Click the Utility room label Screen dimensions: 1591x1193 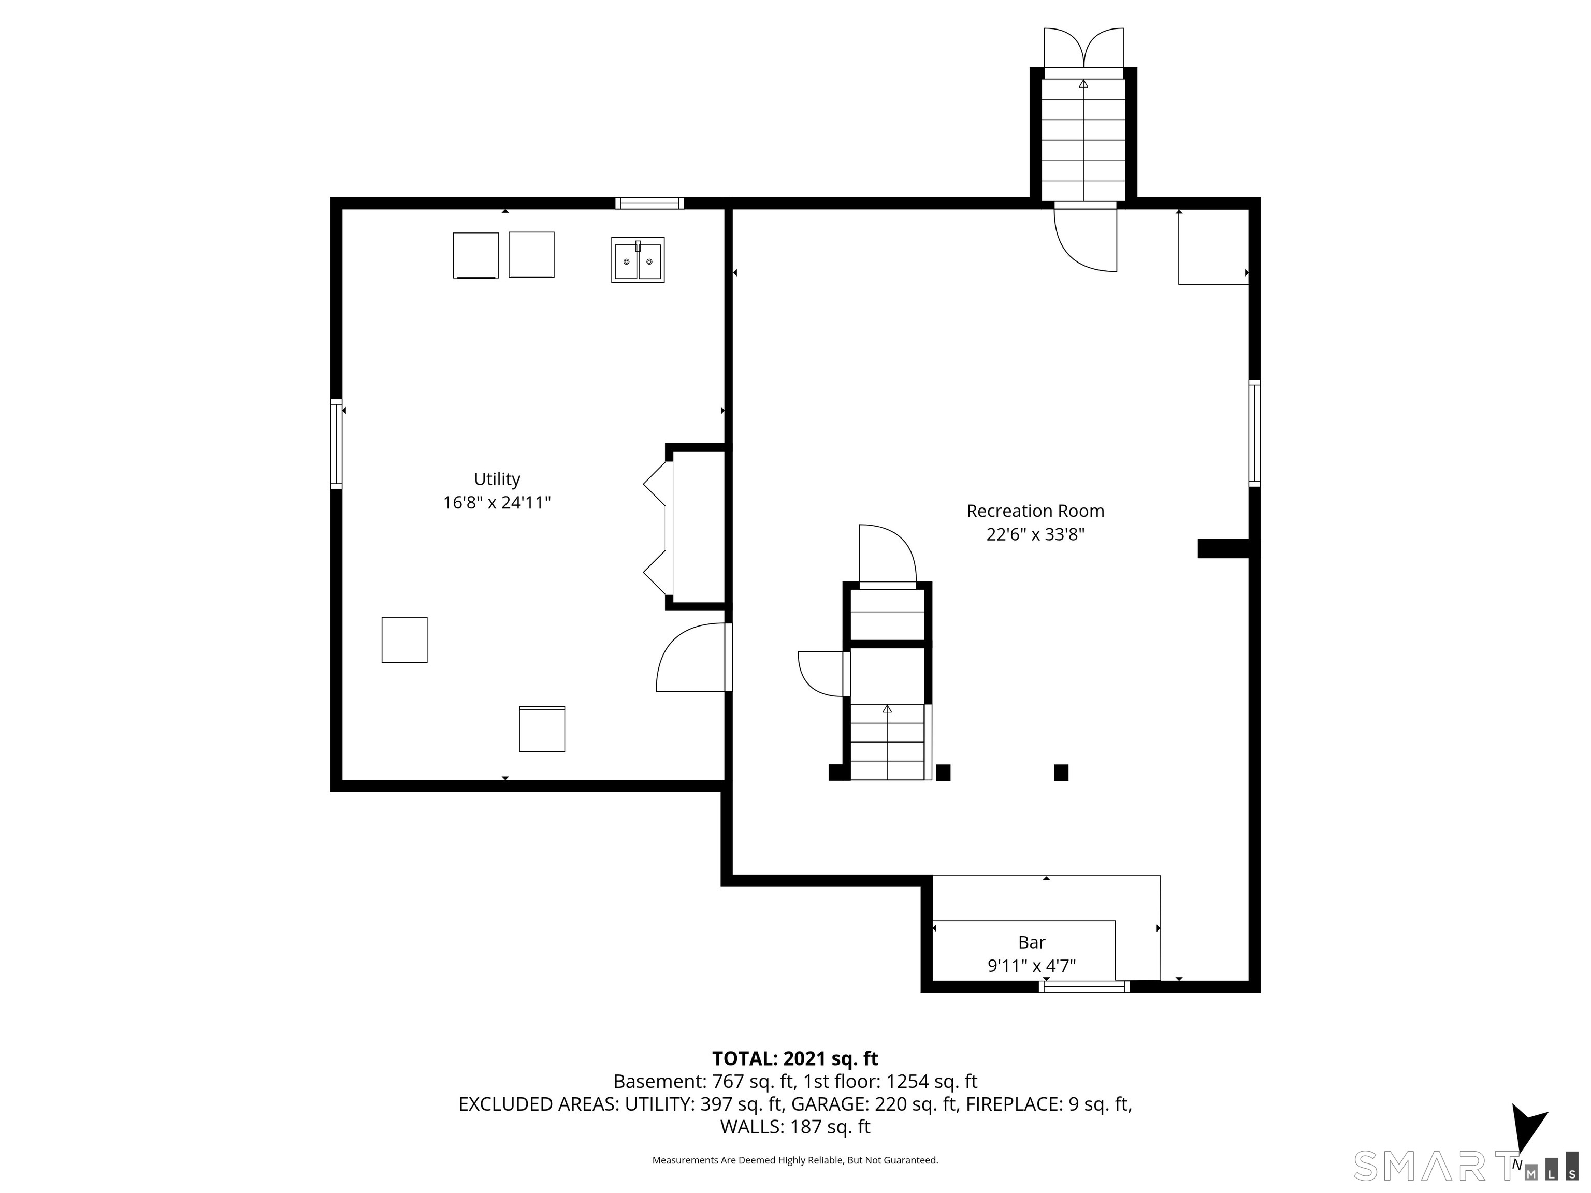pyautogui.click(x=497, y=479)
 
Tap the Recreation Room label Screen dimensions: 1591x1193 pyautogui.click(x=1035, y=511)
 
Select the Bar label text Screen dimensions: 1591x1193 pyautogui.click(x=1032, y=942)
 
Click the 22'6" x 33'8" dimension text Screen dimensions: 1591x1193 pyautogui.click(x=1035, y=534)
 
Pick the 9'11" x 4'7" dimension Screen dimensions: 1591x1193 pyautogui.click(x=1032, y=966)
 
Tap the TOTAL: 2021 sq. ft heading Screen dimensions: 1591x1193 pyautogui.click(x=795, y=1058)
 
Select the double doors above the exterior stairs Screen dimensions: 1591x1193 pyautogui.click(x=1083, y=48)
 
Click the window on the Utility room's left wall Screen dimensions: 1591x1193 pyautogui.click(x=336, y=444)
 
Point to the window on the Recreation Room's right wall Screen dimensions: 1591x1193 pyautogui.click(x=1254, y=433)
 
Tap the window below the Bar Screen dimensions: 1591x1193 pyautogui.click(x=1084, y=986)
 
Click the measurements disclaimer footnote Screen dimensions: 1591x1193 pyautogui.click(x=795, y=1160)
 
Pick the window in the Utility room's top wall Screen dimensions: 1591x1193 pyautogui.click(x=649, y=203)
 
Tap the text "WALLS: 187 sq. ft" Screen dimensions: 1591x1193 pyautogui.click(x=795, y=1127)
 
